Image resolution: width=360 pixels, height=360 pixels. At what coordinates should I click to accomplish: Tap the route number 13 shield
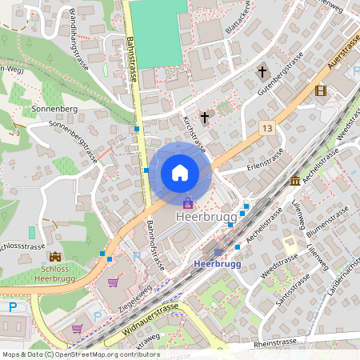266,128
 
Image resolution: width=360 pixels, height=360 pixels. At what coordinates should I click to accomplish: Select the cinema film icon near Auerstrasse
320,91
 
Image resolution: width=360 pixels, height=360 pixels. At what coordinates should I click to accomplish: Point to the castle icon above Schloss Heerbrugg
55,257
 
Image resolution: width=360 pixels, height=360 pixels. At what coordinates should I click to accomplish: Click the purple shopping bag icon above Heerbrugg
188,203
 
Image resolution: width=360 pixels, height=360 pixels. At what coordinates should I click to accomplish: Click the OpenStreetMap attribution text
80,354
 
